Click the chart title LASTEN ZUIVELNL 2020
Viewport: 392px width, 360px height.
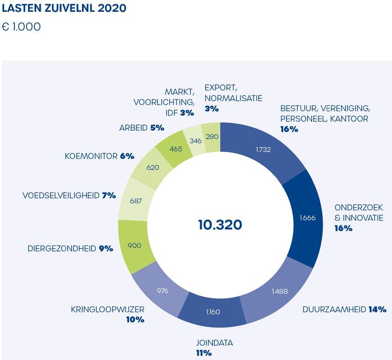64,9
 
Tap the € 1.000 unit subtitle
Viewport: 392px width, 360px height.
22,27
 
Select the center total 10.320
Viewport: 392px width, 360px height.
220,225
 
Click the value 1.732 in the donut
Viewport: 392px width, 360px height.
263,150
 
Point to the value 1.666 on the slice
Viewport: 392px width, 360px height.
307,218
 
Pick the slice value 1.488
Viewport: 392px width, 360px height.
279,292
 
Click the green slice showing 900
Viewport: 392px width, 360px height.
134,246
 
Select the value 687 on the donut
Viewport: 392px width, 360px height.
136,201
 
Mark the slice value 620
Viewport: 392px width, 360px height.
152,168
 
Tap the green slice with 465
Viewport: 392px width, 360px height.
176,149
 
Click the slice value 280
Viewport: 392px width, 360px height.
211,136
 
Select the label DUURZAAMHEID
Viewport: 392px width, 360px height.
334,310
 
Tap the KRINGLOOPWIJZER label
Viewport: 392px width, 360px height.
108,310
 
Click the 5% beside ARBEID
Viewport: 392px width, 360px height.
157,127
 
